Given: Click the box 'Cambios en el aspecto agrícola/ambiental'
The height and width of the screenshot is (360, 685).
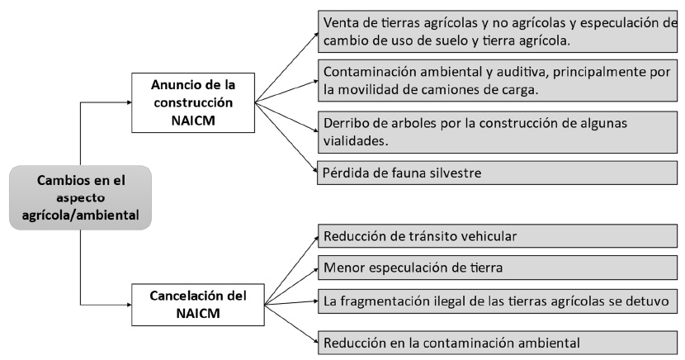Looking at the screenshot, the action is point(80,197).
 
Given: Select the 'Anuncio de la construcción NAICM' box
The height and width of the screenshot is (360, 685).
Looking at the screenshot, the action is point(193,102).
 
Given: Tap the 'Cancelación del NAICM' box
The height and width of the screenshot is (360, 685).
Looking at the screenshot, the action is point(198,305).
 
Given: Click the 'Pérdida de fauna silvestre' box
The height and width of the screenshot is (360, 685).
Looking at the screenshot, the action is point(497,173).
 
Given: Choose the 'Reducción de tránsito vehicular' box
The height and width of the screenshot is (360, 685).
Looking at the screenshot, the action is point(497,236).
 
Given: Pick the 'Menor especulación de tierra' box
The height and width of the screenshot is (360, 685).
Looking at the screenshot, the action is point(497,267).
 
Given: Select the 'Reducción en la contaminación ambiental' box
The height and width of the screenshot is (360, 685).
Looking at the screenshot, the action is point(497,343).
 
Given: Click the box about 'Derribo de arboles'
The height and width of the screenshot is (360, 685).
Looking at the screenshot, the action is point(497,132).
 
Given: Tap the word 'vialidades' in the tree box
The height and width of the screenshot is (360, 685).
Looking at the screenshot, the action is point(356,141).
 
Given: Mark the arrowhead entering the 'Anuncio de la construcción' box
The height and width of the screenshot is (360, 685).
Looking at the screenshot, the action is point(129,102).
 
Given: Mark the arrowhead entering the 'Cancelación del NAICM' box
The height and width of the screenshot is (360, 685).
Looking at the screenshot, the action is point(129,305).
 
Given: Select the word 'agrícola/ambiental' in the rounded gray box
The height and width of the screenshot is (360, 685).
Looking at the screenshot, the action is point(80,215).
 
